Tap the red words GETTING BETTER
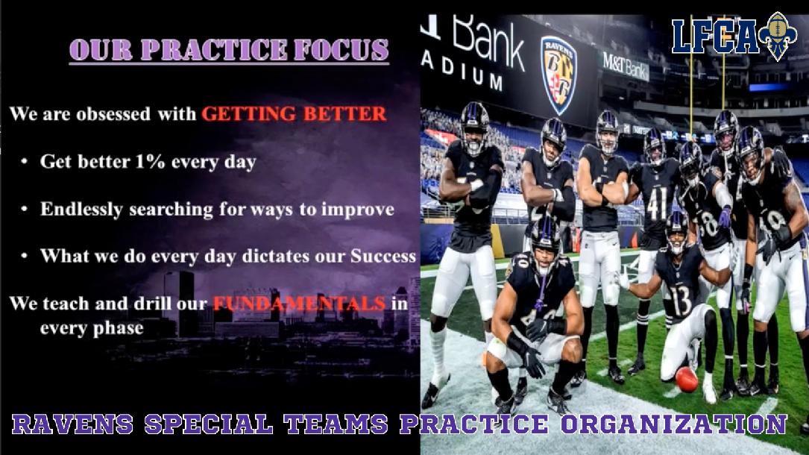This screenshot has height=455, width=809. (294, 113)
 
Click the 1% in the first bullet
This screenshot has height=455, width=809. (150, 161)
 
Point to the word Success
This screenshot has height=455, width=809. (383, 256)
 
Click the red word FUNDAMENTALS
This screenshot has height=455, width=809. (299, 303)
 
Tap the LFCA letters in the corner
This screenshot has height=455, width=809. (715, 36)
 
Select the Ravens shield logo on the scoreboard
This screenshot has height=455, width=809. (558, 75)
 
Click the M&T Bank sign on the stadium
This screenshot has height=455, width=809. (626, 66)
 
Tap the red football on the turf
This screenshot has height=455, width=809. (686, 379)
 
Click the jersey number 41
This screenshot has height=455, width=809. (657, 203)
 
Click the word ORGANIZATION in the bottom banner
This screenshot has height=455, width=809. (674, 424)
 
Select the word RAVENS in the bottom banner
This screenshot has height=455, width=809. (72, 424)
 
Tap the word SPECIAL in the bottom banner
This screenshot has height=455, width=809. (209, 424)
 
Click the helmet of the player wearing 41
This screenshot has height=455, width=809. (655, 145)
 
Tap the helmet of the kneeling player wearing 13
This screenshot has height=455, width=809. (676, 230)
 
